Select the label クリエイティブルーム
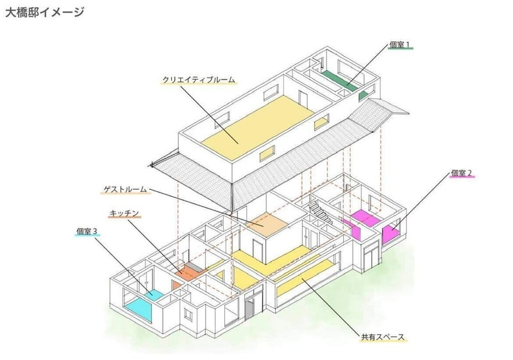tap(199, 80)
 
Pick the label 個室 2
tap(462, 173)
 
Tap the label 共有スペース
tap(383, 337)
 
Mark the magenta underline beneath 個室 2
tap(462, 179)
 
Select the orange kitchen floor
tap(187, 274)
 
